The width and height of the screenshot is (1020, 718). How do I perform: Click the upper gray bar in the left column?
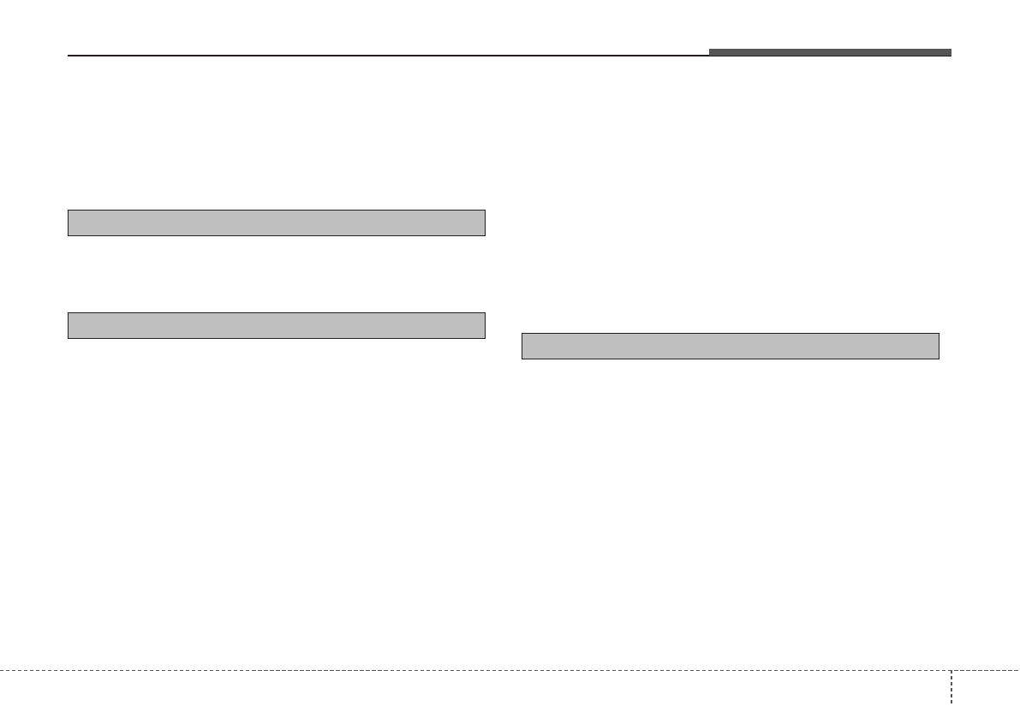pyautogui.click(x=277, y=223)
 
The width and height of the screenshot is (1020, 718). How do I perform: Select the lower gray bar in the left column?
pyautogui.click(x=277, y=325)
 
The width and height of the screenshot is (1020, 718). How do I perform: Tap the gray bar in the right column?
pyautogui.click(x=731, y=346)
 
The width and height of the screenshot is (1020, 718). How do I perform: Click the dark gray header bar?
pyautogui.click(x=829, y=53)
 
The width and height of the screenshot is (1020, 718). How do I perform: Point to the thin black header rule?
pyautogui.click(x=385, y=56)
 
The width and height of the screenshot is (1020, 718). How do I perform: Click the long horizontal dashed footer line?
pyautogui.click(x=471, y=670)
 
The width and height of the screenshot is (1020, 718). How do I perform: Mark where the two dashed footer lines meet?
pyautogui.click(x=951, y=670)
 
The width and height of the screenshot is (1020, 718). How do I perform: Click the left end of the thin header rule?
pyautogui.click(x=69, y=56)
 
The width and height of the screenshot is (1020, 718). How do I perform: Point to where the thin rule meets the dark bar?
pyautogui.click(x=709, y=56)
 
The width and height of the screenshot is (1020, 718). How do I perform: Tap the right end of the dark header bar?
pyautogui.click(x=951, y=53)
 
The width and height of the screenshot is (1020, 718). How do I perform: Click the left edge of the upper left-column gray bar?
pyautogui.click(x=69, y=223)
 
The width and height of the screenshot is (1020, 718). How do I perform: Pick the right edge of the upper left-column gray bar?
pyautogui.click(x=485, y=223)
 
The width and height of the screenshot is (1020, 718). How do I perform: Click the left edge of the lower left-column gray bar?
pyautogui.click(x=69, y=325)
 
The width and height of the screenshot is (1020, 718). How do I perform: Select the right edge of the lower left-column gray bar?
pyautogui.click(x=485, y=325)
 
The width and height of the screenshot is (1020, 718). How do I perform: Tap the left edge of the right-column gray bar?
pyautogui.click(x=522, y=346)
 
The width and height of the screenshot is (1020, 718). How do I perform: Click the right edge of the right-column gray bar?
pyautogui.click(x=939, y=346)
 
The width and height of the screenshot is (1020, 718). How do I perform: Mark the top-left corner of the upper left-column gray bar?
pyautogui.click(x=69, y=211)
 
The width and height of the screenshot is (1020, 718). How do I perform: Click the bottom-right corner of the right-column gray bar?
pyautogui.click(x=939, y=358)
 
